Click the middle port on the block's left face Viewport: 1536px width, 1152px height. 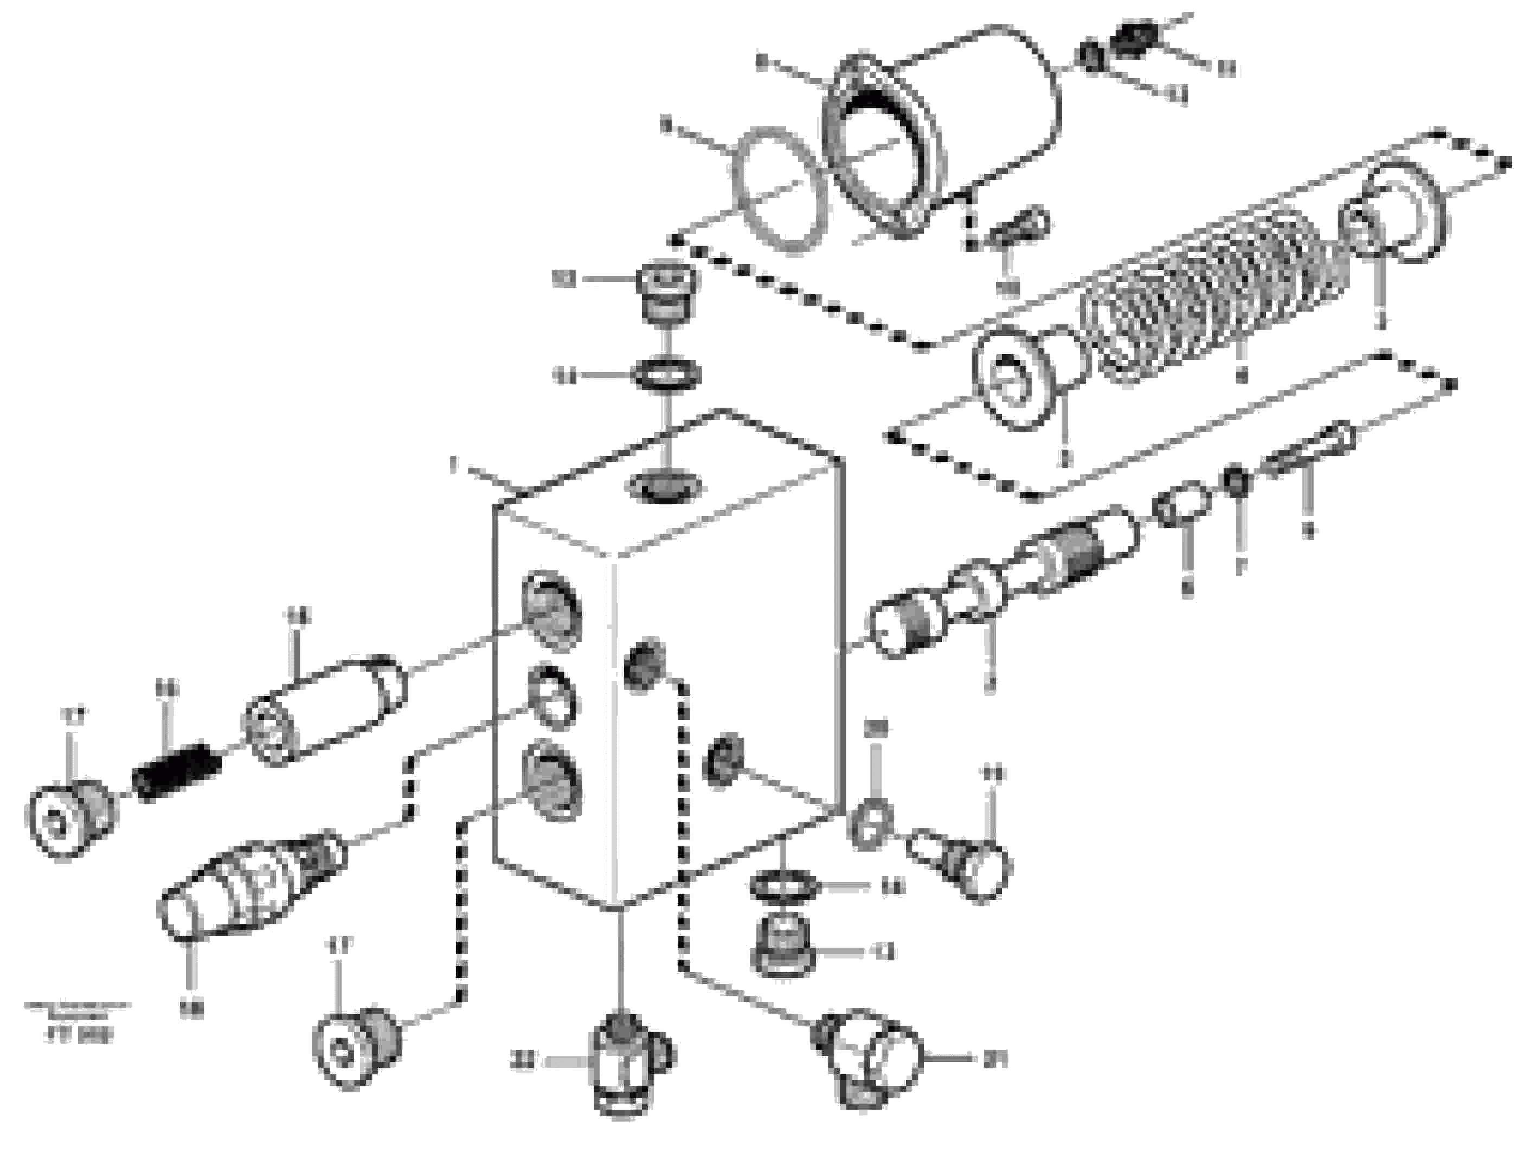552,698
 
